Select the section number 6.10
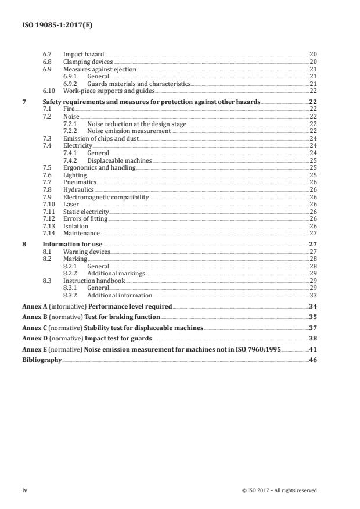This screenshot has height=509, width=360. pos(49,91)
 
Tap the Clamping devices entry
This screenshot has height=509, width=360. pos(88,62)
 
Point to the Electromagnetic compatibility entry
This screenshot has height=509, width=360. pos(106,198)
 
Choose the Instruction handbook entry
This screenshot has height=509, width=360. pos(93,281)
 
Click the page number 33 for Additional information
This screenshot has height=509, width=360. pos(313,295)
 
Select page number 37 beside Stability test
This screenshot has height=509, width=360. pos(313,328)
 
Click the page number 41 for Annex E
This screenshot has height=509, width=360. pos(313,349)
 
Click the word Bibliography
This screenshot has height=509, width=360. pos(41,360)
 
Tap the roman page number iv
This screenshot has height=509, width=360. pos(25,490)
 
